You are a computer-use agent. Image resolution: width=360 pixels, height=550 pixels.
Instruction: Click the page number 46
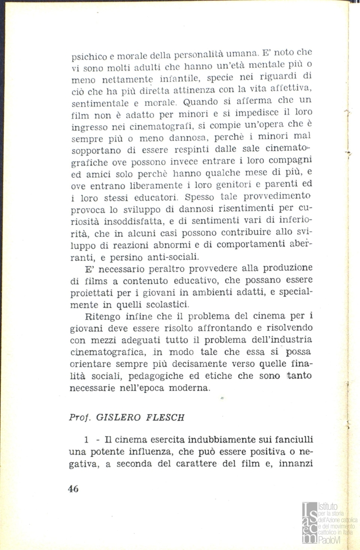(73, 488)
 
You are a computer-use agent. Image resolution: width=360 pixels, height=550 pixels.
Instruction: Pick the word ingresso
(89, 123)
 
